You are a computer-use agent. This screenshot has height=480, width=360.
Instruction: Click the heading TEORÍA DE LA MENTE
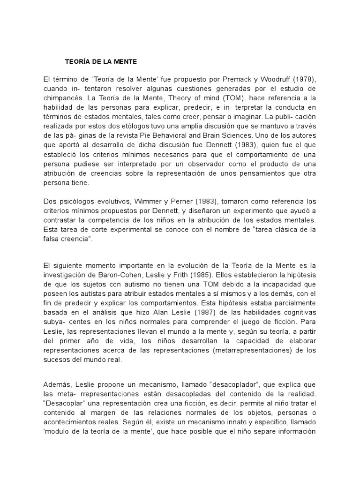click(101, 61)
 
